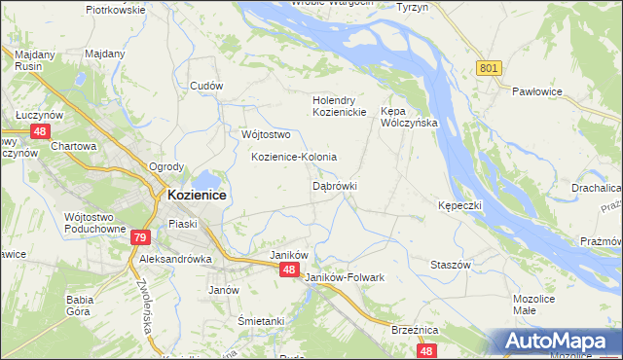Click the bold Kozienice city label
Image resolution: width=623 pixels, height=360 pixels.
(x=197, y=195)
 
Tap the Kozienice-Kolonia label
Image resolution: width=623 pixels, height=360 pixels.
(x=294, y=157)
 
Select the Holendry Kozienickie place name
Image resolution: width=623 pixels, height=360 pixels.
(x=339, y=106)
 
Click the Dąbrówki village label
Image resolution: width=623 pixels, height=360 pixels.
(x=335, y=185)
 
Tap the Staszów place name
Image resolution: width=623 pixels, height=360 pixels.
(x=451, y=265)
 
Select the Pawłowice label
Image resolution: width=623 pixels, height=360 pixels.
(x=539, y=91)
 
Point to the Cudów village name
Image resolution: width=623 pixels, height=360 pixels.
(x=206, y=86)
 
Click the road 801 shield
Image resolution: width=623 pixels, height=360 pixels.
(x=489, y=67)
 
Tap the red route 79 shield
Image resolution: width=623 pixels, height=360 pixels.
(x=140, y=237)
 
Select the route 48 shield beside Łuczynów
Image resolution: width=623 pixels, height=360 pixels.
(x=40, y=130)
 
